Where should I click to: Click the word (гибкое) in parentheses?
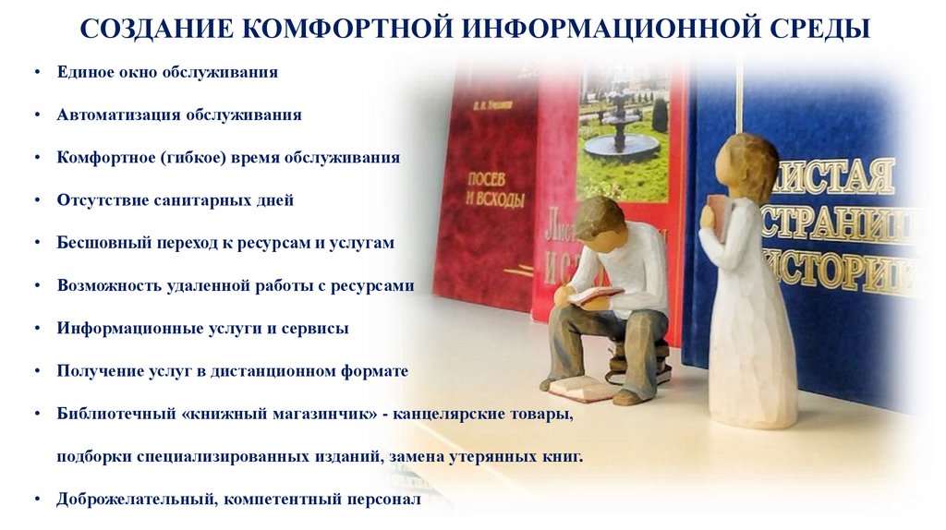tap(199, 157)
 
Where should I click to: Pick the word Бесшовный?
tap(98, 243)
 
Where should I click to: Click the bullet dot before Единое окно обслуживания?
tap(34, 72)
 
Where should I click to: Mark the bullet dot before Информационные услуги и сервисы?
tap(34, 329)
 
